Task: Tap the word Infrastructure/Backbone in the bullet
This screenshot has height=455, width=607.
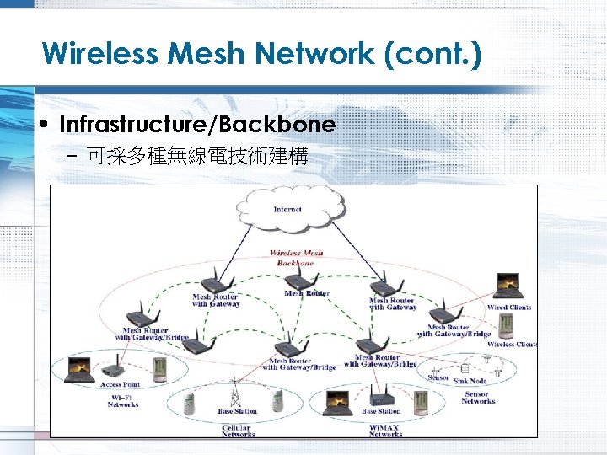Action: (197, 125)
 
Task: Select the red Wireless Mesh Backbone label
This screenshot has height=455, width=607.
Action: (296, 258)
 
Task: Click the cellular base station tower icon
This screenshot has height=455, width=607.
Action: (234, 393)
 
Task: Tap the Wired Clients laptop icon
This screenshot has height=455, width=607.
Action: (508, 287)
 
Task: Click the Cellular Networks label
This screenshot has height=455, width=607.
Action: (238, 431)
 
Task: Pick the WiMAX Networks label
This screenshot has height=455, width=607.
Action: (385, 431)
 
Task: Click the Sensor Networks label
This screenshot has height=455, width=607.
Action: (477, 398)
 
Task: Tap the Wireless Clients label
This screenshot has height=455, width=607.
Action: (513, 345)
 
